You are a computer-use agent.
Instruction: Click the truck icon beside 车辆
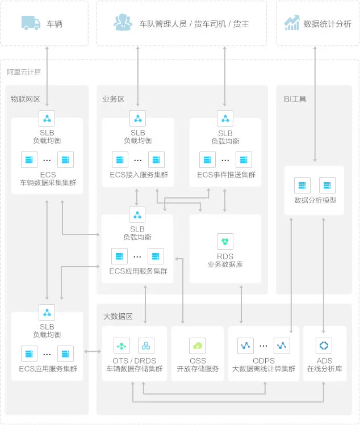[x=31, y=23]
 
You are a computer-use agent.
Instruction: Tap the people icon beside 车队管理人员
[x=122, y=23]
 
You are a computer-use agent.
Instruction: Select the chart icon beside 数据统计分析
[x=292, y=23]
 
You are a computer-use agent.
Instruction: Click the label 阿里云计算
[x=24, y=72]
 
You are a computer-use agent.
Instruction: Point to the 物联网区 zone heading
[x=26, y=99]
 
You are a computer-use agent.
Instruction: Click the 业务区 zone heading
[x=113, y=99]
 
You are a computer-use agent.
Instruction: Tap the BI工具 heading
[x=295, y=99]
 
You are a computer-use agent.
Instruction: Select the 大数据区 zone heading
[x=118, y=316]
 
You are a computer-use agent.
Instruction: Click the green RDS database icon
[x=225, y=242]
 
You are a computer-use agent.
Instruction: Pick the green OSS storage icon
[x=198, y=345]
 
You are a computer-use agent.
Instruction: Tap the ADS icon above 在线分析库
[x=324, y=345]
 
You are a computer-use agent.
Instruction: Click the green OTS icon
[x=122, y=345]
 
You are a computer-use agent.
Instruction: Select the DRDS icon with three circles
[x=146, y=345]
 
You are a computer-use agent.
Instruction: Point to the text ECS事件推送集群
[x=226, y=175]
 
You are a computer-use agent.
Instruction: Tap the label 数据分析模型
[x=315, y=200]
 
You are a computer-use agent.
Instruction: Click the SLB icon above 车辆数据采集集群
[x=47, y=118]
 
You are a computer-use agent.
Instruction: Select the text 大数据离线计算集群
[x=263, y=369]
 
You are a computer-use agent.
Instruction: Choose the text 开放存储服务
[x=198, y=369]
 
